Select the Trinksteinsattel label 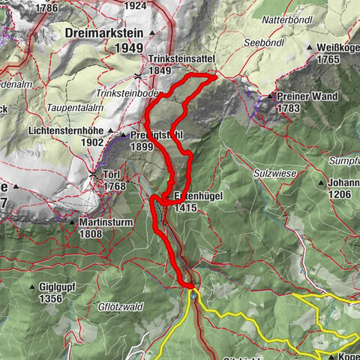coord(170,58)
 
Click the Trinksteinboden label coord(130,92)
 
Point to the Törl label coord(112,175)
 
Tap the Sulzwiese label coord(277,172)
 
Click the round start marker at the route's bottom coord(193,295)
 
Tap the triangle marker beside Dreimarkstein coord(153,34)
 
